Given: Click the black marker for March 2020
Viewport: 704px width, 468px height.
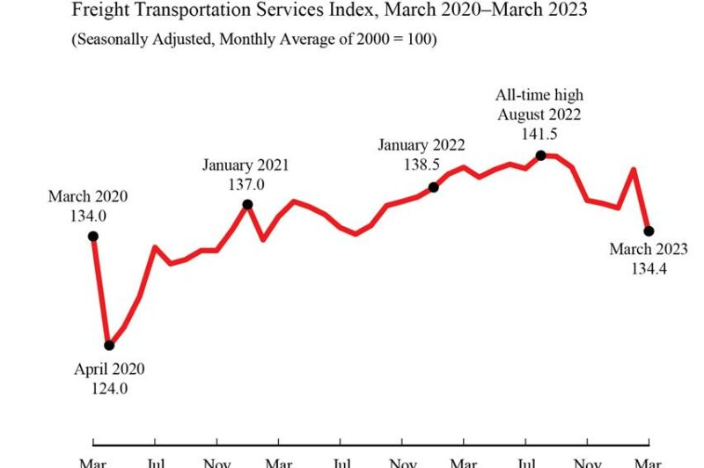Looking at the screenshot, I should point(93,236).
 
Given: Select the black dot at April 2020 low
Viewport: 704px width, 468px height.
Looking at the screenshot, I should point(109,346).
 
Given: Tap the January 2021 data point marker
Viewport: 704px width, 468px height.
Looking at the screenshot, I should point(247,204).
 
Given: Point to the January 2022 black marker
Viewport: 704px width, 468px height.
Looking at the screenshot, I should point(433,187).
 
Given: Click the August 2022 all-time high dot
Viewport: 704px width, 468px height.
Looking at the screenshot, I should point(541,156).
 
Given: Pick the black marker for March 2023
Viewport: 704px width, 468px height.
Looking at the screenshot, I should point(649,231).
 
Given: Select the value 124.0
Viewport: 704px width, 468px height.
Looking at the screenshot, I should point(109,388).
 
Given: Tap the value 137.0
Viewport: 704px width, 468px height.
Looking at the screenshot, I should point(246,184).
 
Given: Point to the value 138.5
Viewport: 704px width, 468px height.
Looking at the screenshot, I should point(422,165).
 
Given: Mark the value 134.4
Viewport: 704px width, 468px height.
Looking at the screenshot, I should point(649,269).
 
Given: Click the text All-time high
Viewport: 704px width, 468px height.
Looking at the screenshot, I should point(539,95).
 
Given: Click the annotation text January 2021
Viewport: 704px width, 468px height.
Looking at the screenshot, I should point(246,165).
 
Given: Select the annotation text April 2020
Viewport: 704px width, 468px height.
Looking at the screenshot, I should point(109,369).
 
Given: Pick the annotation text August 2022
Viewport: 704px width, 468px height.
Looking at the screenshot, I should point(539,114).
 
